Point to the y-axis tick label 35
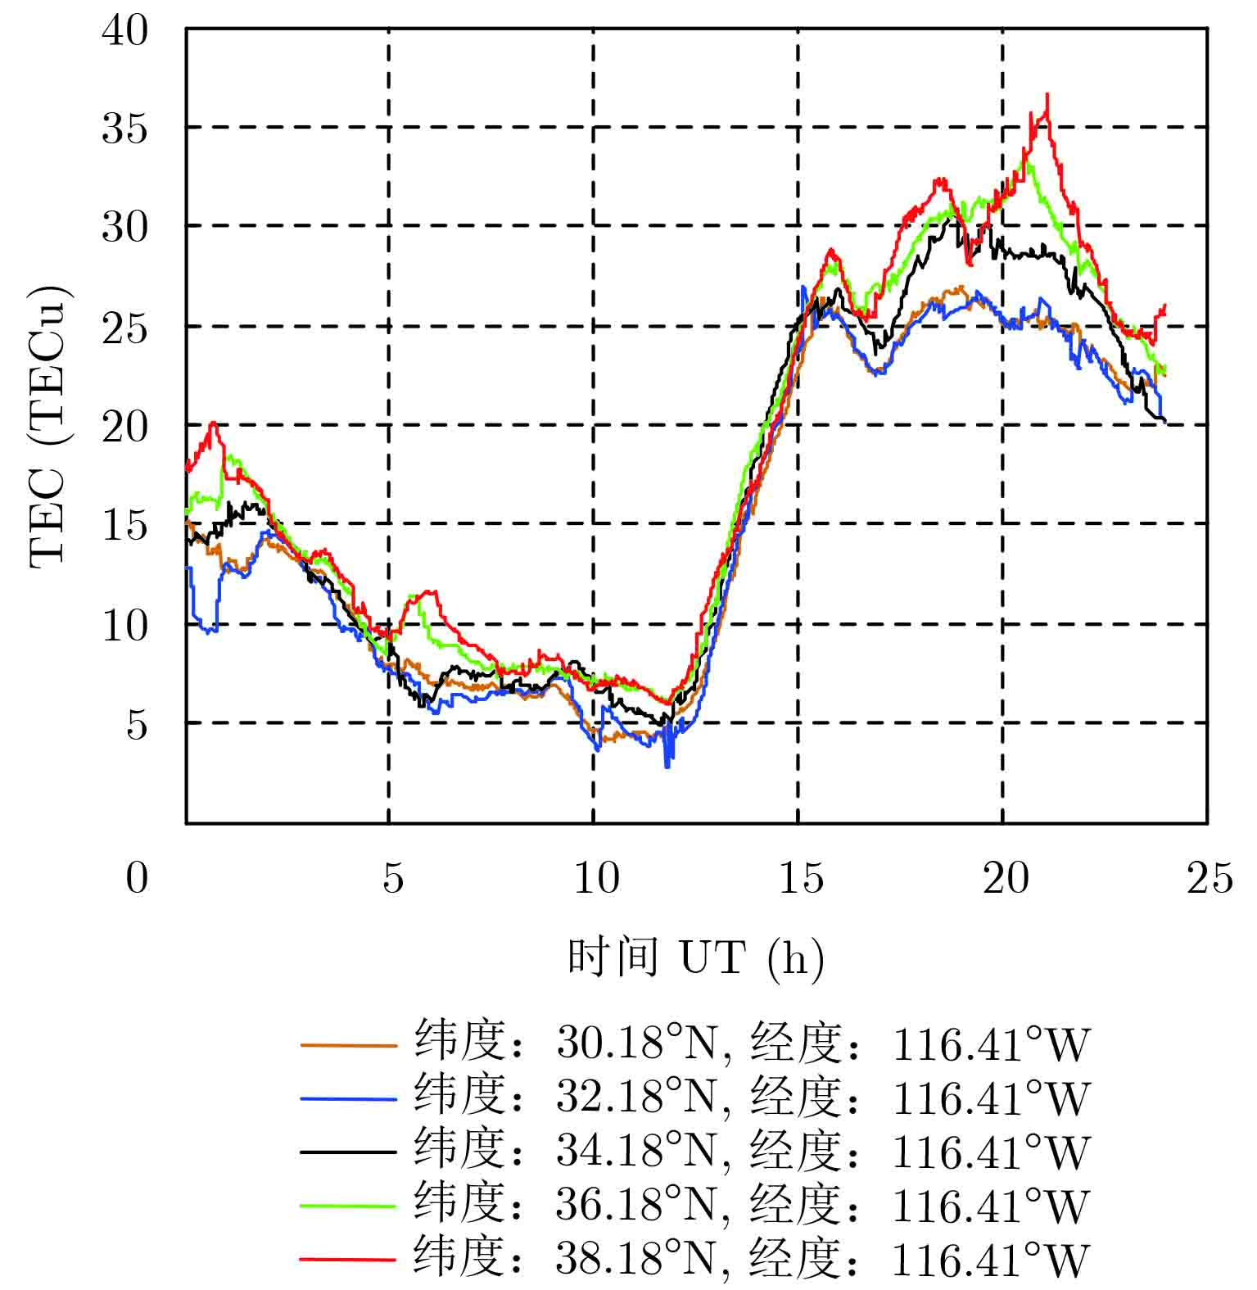pos(124,129)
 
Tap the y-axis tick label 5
pos(137,725)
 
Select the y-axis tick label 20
pos(124,427)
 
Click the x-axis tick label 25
pos(1209,879)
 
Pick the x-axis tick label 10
pos(595,879)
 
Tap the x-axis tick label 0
pos(137,879)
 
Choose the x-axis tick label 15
pos(800,879)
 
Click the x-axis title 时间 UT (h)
pos(696,957)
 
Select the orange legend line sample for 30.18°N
pos(348,1045)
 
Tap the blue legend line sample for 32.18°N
pos(348,1098)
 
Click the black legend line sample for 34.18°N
pos(348,1152)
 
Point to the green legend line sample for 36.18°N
pos(348,1205)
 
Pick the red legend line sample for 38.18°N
pos(348,1258)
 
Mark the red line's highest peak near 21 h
pos(1047,95)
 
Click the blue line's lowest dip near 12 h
pos(667,765)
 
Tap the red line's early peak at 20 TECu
pos(213,423)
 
